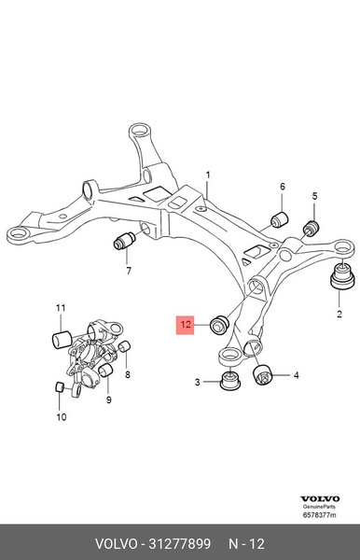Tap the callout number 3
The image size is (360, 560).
(198, 383)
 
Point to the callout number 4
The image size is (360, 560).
(296, 376)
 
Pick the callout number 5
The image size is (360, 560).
(314, 196)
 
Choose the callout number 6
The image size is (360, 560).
(283, 187)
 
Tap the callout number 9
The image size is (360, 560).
(108, 399)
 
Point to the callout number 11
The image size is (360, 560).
(60, 308)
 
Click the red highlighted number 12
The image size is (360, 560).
(187, 325)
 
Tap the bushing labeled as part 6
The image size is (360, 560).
(276, 219)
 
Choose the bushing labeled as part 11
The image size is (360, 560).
(63, 337)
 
